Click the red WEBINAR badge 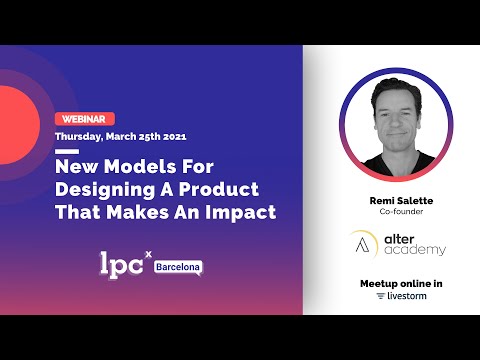[85, 118]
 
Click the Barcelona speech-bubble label [178, 267]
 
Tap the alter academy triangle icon [364, 243]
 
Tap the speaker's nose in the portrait [391, 129]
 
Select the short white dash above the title [67, 151]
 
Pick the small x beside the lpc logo [149, 254]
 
